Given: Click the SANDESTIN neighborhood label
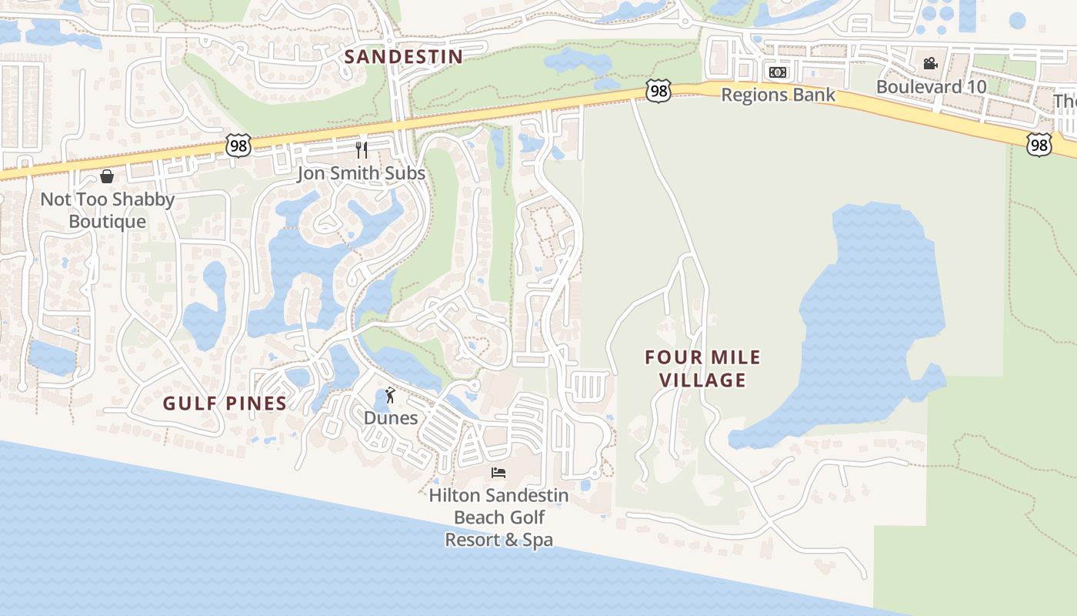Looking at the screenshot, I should pos(403,57).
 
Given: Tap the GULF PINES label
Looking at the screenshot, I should pos(225,403).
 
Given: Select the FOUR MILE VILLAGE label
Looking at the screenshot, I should pos(702,369).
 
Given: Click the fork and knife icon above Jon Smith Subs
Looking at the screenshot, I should pos(362,149).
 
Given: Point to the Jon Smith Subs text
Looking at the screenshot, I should pos(362,173).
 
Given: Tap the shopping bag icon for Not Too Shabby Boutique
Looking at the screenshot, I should pos(107,176).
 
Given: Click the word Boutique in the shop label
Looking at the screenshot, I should pos(107,222).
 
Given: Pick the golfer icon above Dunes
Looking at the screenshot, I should pos(391,396).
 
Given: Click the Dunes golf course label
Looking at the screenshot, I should pos(391,418).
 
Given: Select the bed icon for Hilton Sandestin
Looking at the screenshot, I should pos(498,472).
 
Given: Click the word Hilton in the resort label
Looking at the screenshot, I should pos(454,495).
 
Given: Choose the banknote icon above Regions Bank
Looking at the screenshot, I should pos(778,72).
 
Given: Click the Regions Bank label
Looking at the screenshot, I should pos(778,95).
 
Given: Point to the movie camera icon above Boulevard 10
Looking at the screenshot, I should pos(931,63).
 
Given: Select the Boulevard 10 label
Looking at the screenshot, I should pos(931,86).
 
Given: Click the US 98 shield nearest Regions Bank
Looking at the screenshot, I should pos(659,92).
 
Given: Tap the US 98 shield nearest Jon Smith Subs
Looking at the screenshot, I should pos(238,145).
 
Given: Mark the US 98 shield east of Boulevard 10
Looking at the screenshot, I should pos(1039,143).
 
